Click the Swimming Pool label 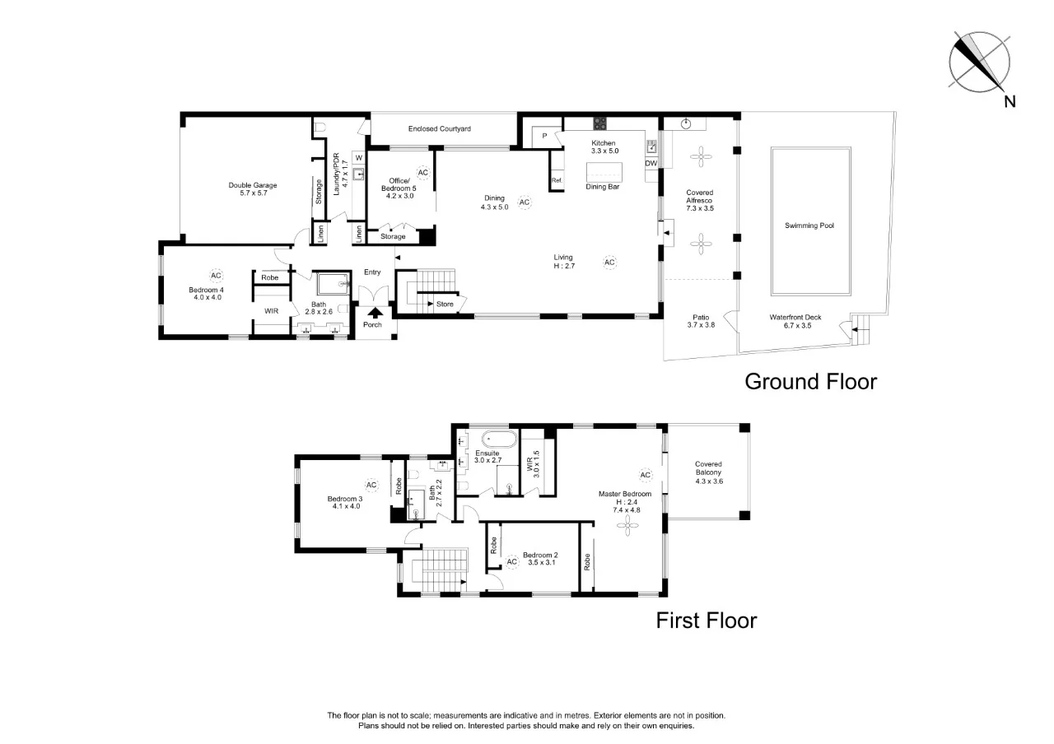809,225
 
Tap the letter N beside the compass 1010,102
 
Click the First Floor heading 706,621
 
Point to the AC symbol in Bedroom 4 216,275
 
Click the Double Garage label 248,188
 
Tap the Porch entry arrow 375,312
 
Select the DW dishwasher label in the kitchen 651,163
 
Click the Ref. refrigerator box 557,180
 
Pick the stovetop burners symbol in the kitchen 600,124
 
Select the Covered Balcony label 707,467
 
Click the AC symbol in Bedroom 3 371,485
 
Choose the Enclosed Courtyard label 439,129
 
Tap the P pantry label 544,135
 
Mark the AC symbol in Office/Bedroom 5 423,173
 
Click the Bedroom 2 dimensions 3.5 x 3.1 540,563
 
